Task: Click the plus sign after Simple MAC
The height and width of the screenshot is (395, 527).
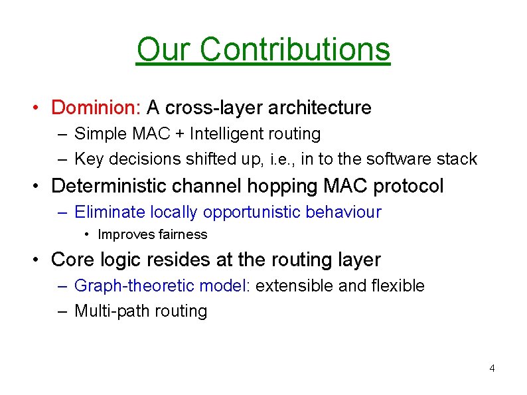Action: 181,134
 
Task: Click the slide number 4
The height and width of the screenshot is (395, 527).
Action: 492,368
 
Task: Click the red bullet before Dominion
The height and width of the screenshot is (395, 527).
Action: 40,108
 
